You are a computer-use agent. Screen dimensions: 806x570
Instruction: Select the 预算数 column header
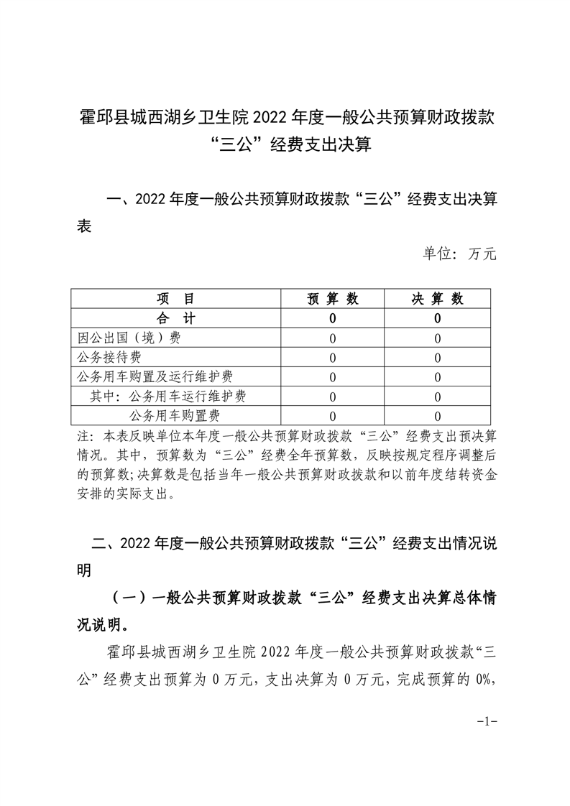tap(333, 299)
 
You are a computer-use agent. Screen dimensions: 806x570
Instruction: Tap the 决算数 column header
tap(438, 299)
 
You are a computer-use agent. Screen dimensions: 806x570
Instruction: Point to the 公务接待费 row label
tap(109, 357)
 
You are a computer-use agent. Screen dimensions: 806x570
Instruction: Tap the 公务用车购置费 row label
tap(175, 415)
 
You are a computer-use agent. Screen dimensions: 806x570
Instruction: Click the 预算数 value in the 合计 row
tap(333, 318)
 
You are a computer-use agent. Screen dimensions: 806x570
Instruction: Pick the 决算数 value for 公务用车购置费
tap(438, 416)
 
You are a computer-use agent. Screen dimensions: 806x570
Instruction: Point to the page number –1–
tap(487, 721)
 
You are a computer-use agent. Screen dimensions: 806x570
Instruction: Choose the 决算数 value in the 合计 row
tap(438, 318)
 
